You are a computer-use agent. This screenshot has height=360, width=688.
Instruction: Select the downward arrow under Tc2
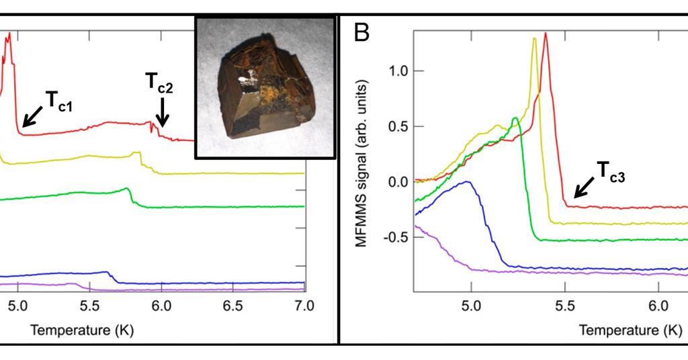(x=162, y=112)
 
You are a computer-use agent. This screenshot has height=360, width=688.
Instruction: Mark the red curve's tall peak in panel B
(x=545, y=34)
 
